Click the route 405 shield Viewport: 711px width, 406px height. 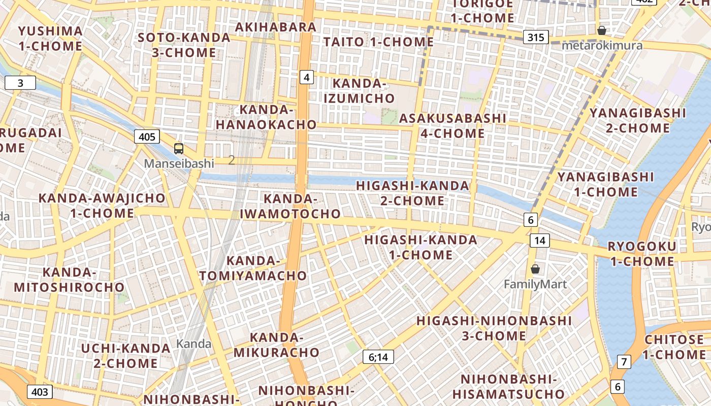[147, 136]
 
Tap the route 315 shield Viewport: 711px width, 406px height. [536, 37]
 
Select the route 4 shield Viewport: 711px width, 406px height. [306, 77]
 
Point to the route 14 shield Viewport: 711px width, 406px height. [539, 240]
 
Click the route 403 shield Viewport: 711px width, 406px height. [40, 392]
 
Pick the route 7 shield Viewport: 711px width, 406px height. [624, 362]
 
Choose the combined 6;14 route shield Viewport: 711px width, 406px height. [378, 357]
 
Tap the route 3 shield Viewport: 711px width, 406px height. [20, 83]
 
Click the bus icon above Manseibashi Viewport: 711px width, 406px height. [179, 149]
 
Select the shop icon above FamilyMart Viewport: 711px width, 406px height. [535, 269]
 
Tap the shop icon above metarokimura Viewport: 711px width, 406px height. [602, 30]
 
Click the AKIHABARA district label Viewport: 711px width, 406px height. [276, 27]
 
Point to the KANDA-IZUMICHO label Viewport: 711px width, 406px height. [359, 91]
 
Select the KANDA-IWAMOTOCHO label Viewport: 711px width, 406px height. [290, 206]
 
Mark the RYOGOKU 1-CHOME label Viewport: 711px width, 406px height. [642, 254]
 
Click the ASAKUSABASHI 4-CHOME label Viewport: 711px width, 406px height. [453, 126]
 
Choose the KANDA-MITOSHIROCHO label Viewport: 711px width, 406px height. [69, 280]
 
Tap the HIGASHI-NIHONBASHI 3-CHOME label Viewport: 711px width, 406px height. [494, 328]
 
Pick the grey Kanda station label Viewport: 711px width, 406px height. [193, 344]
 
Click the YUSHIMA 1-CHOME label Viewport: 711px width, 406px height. [50, 39]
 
